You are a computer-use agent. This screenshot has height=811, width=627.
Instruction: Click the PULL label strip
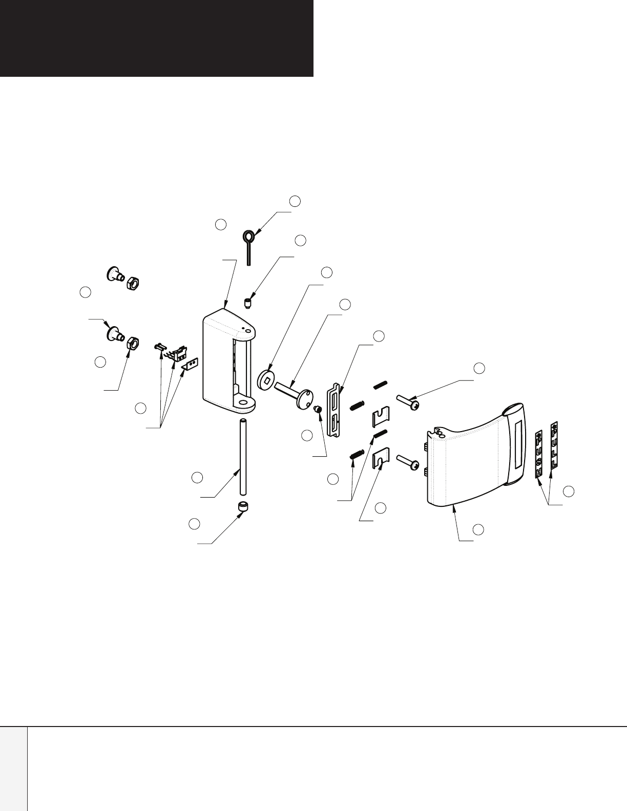pos(553,445)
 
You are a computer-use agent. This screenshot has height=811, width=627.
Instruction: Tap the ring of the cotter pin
pos(248,237)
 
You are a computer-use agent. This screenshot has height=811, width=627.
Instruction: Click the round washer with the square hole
pos(265,380)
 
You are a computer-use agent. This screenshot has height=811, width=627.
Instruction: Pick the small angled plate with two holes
pos(190,365)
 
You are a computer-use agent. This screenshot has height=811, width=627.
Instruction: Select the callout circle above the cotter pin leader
pos(295,201)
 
